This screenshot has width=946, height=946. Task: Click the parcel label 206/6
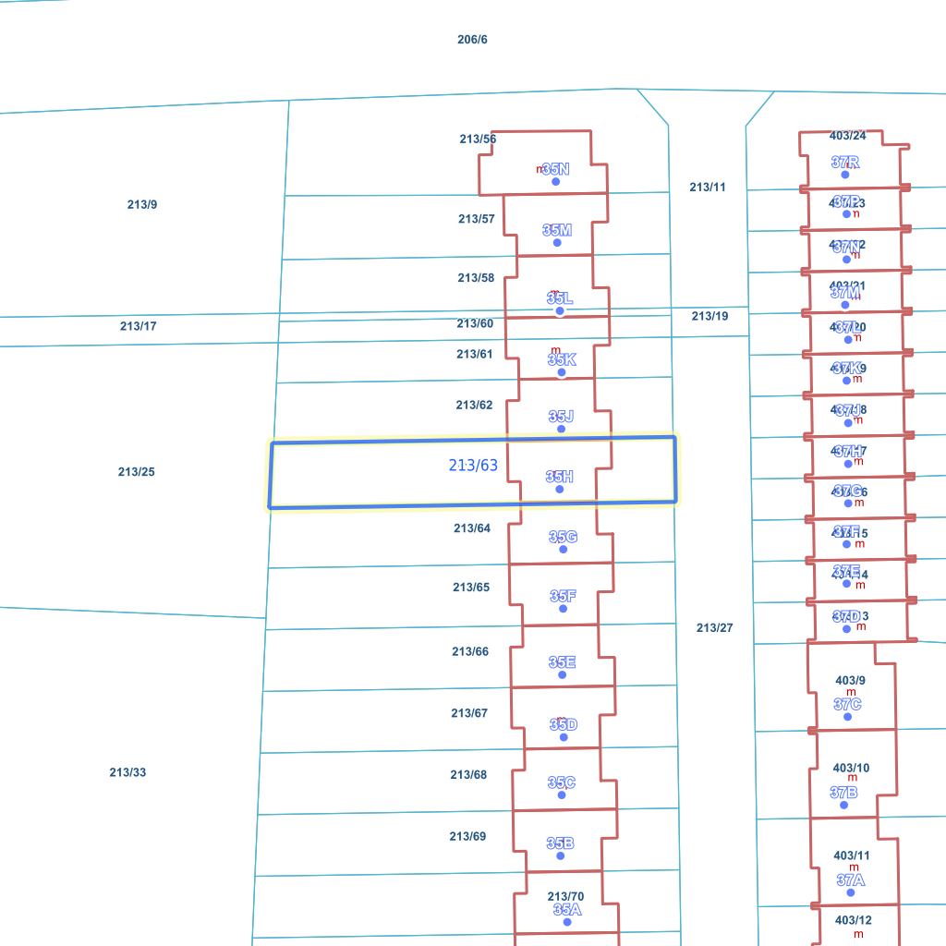pos(472,40)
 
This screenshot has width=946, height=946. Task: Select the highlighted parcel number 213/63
pos(473,466)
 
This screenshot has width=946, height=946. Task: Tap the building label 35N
pos(556,169)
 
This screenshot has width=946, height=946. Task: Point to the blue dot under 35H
pos(559,489)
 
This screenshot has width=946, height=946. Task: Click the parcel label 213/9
pos(142,204)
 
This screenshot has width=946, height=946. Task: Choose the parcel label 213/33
pos(127,772)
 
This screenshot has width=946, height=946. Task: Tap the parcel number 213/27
pos(714,628)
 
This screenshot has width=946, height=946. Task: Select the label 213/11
pos(708,188)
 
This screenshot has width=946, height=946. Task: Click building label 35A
pos(567,910)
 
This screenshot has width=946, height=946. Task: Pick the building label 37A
pos(851,880)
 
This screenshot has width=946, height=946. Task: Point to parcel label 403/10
pos(851,768)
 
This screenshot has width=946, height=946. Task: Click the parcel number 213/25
pos(136,472)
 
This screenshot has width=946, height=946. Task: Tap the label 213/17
pos(138,326)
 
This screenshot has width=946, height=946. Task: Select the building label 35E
pos(562,662)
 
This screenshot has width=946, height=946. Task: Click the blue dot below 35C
pos(562,795)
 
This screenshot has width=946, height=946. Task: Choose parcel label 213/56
pos(478,139)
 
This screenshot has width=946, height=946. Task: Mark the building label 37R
pos(845,163)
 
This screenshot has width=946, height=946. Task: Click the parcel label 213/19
pos(709,316)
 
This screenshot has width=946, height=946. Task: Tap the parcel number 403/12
pos(853,920)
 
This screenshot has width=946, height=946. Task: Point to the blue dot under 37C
pos(848,717)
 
